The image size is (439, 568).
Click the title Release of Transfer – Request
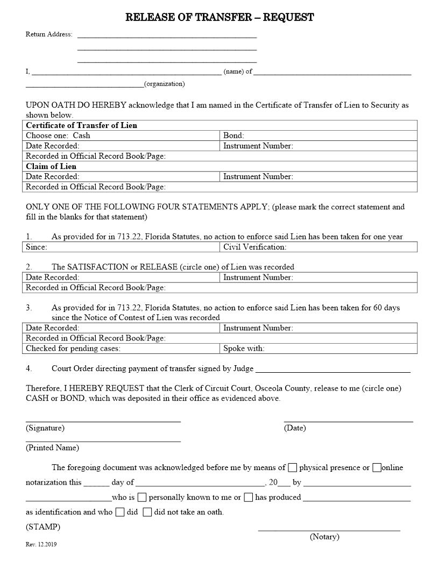[219, 18]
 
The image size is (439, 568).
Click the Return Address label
[49, 34]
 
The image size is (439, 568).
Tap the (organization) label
[164, 84]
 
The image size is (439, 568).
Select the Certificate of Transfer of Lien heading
[81, 125]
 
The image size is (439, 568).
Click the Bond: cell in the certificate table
[318, 136]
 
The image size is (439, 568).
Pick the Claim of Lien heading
[51, 166]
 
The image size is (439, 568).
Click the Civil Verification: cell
[318, 247]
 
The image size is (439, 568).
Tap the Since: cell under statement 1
[122, 247]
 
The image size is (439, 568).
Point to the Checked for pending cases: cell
[122, 348]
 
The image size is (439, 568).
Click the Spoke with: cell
[318, 348]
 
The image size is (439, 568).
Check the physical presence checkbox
[293, 467]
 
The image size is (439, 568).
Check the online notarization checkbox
[377, 467]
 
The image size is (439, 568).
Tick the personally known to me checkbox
[142, 497]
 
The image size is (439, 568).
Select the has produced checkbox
[248, 497]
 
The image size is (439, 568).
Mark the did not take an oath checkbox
[147, 512]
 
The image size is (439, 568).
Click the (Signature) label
[45, 428]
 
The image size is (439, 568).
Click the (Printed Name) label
[52, 448]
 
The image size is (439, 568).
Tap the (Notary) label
[324, 537]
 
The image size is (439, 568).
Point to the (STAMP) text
[43, 527]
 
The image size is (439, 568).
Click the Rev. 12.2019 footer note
[41, 544]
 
